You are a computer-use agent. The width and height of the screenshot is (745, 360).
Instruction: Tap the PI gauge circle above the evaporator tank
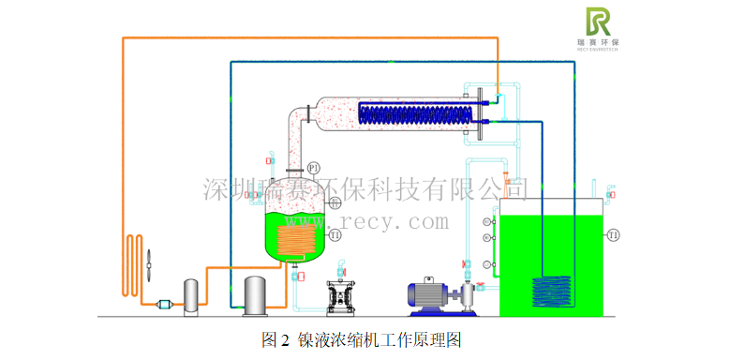pos(314,167)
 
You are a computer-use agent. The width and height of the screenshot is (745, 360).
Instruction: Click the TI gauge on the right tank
pos(613,233)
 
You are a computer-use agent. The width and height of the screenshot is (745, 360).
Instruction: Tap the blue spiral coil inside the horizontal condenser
pos(412,115)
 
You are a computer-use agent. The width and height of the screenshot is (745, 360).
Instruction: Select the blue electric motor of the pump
pos(425,293)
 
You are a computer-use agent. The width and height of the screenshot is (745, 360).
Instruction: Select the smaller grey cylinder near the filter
pos(191,294)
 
